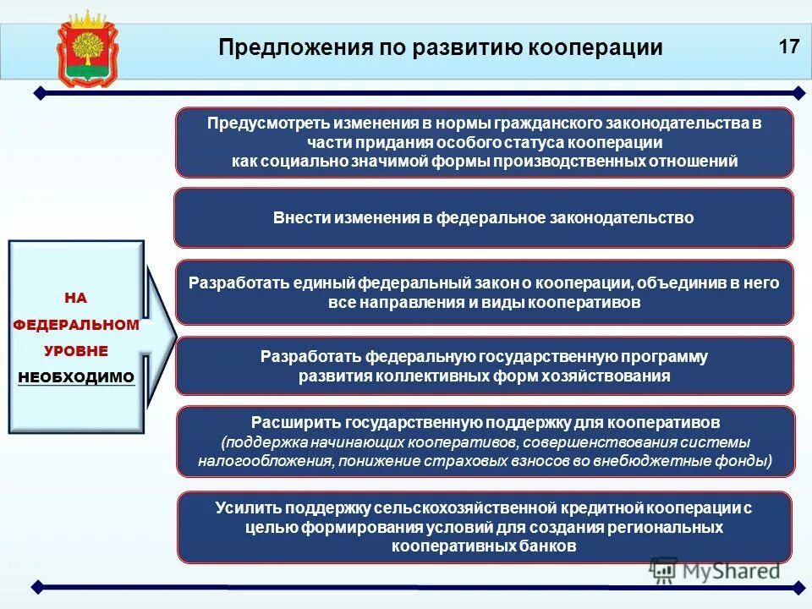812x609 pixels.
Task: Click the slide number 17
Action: (x=788, y=46)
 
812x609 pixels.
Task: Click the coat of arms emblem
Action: (x=84, y=48)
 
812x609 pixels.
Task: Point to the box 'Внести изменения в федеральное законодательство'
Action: (x=483, y=218)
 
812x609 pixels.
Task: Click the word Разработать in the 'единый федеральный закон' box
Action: (x=233, y=283)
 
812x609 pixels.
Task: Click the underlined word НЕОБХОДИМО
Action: (x=76, y=377)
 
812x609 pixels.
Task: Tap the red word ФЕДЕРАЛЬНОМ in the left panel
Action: (x=76, y=324)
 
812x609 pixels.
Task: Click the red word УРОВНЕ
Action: (x=76, y=350)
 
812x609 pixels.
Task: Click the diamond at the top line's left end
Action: (x=37, y=92)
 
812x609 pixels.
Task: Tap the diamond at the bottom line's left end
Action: (x=37, y=586)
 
